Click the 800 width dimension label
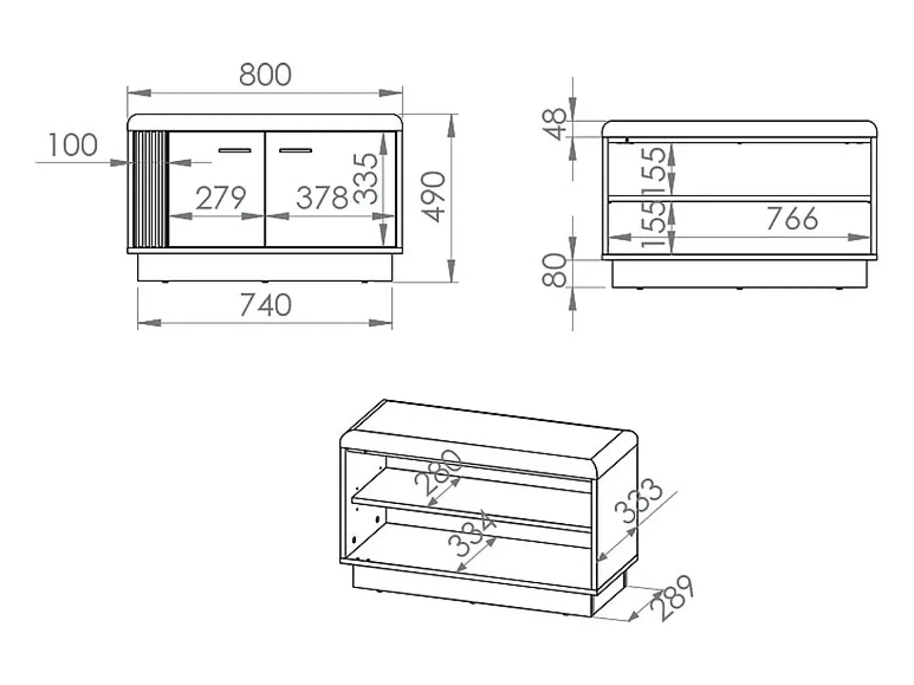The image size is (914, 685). pyautogui.click(x=265, y=75)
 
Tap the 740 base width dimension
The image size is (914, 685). pyautogui.click(x=265, y=305)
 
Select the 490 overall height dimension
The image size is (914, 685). pyautogui.click(x=433, y=197)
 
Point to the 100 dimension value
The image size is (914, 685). pyautogui.click(x=73, y=145)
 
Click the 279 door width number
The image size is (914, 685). pyautogui.click(x=221, y=198)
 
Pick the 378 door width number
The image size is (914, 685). pyautogui.click(x=322, y=197)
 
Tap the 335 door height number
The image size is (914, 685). pyautogui.click(x=366, y=178)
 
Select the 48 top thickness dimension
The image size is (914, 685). pyautogui.click(x=554, y=124)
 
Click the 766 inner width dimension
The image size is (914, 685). pyautogui.click(x=792, y=219)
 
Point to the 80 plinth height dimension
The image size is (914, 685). pyautogui.click(x=554, y=271)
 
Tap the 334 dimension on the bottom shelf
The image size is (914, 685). pyautogui.click(x=472, y=533)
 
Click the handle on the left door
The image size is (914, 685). pyautogui.click(x=235, y=151)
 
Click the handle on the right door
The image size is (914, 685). pyautogui.click(x=296, y=151)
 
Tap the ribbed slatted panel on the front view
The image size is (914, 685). pyautogui.click(x=149, y=190)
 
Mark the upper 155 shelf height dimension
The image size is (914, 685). pyautogui.click(x=654, y=170)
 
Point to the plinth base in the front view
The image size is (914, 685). pyautogui.click(x=265, y=268)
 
